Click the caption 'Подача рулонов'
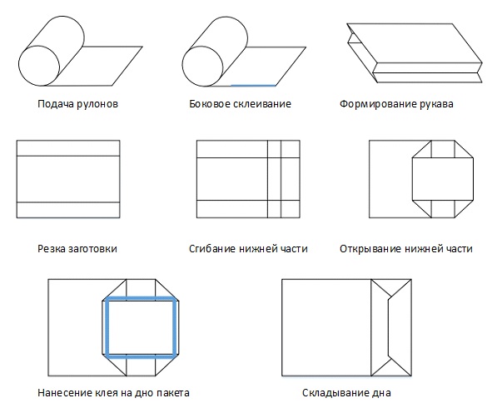click(77, 105)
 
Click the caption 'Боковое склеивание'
click(238, 105)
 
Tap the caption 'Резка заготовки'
click(77, 248)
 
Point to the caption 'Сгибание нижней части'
click(249, 248)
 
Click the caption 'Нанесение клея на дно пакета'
click(114, 392)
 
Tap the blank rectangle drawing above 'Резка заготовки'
click(69, 179)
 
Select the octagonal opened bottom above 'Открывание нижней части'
click(443, 178)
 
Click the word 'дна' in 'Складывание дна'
click(380, 392)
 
